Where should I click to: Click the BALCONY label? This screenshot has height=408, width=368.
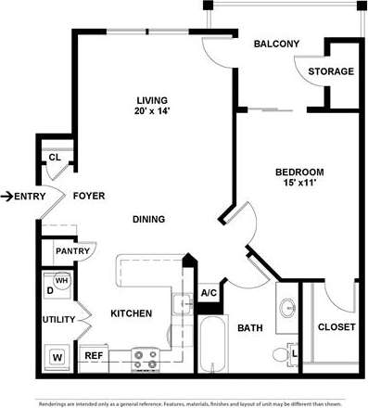[276, 44]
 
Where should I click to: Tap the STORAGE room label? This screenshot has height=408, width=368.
[331, 71]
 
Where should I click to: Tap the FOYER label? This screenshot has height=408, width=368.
[88, 196]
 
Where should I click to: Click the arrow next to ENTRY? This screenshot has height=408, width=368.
[6, 196]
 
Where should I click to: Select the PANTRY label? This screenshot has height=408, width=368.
[71, 251]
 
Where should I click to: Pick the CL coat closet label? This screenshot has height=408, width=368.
[54, 158]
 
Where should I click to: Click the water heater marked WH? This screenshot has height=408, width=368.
[63, 283]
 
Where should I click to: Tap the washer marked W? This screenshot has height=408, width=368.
[57, 355]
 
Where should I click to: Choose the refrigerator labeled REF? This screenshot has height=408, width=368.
[94, 355]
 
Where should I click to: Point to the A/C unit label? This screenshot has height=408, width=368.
[209, 294]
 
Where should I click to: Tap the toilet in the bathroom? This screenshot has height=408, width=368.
[280, 353]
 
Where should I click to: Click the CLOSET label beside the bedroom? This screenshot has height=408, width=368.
[336, 327]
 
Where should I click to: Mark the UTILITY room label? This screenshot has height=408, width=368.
[58, 320]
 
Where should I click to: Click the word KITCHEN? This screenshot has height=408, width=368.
[131, 314]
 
